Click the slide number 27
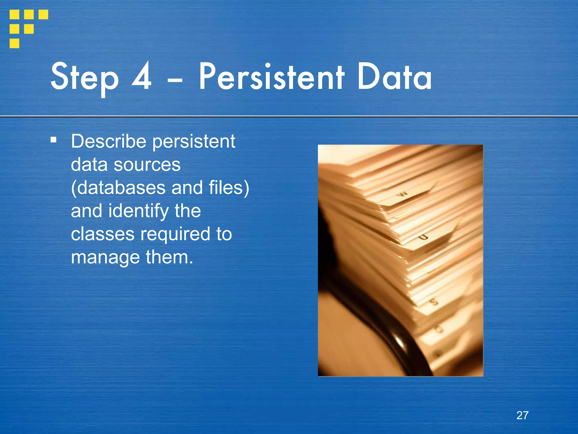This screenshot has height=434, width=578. click(522, 415)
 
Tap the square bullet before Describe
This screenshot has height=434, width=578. click(53, 140)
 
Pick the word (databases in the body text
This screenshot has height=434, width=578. click(118, 188)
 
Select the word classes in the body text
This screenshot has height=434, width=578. click(102, 234)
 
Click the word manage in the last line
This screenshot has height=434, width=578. click(105, 258)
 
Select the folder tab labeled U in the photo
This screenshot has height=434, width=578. click(423, 237)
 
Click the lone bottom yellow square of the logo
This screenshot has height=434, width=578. click(14, 43)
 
